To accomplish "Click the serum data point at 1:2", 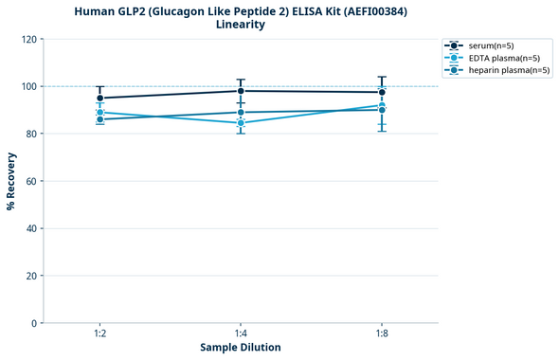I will click(x=99, y=98).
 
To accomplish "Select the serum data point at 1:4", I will click(x=241, y=91).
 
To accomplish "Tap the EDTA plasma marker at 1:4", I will click(x=241, y=123).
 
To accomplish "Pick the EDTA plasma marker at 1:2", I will click(x=99, y=113).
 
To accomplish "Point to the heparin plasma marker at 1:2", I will click(x=99, y=119).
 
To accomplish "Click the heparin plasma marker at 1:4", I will click(x=241, y=113).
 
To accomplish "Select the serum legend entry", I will click(x=491, y=45).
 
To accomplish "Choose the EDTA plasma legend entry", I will click(x=498, y=58).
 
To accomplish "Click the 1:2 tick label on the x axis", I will click(x=99, y=334).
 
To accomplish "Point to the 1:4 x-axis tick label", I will click(x=241, y=334).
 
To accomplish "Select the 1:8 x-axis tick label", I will click(x=382, y=334).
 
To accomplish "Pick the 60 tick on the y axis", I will click(x=31, y=181).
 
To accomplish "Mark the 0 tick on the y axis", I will click(x=34, y=323).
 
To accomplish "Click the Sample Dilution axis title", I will click(x=241, y=348).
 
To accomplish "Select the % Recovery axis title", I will click(x=11, y=180).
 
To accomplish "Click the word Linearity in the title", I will click(x=241, y=25).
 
